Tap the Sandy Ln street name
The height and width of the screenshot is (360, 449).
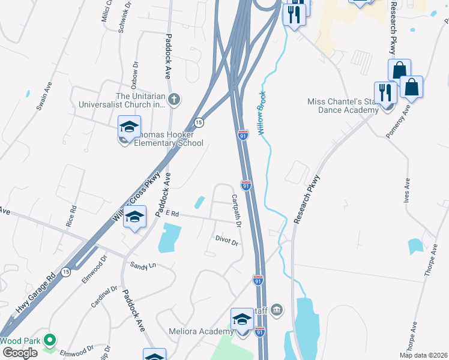[143, 265]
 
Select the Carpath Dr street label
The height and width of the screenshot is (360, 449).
[237, 211]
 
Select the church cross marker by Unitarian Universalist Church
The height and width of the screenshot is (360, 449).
[174, 100]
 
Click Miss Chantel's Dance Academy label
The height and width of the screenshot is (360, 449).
[343, 106]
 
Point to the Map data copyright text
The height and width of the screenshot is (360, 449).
[423, 355]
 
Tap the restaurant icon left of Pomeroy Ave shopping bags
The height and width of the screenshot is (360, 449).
[385, 92]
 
